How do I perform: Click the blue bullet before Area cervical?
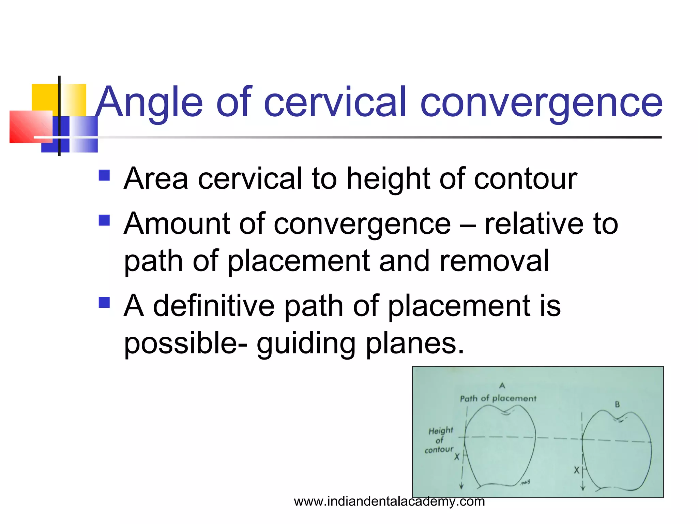click(104, 175)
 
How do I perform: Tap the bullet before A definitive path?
click(104, 302)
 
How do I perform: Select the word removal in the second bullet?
click(494, 261)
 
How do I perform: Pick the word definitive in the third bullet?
click(213, 306)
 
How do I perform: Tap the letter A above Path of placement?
click(502, 386)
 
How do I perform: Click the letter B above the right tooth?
click(617, 405)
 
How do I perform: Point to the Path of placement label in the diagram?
click(498, 398)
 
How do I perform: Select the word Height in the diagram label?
click(441, 431)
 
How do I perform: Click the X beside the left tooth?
click(457, 456)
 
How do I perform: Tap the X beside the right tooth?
click(576, 470)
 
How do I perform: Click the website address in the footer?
click(389, 501)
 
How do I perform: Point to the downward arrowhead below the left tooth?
click(461, 486)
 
